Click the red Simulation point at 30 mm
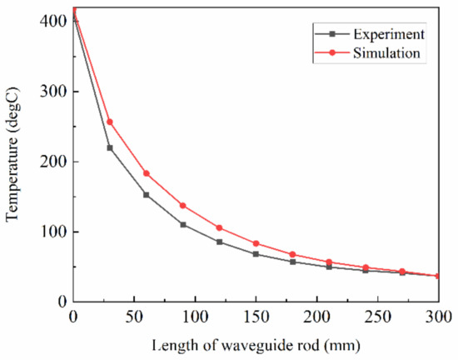tap(110, 122)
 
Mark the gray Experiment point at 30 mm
tap(110, 147)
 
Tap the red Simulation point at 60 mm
tap(147, 173)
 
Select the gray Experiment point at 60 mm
tap(147, 195)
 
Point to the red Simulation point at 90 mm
tap(183, 206)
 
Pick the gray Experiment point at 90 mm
tap(183, 224)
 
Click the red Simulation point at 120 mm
tap(220, 227)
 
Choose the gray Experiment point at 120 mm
tap(220, 242)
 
